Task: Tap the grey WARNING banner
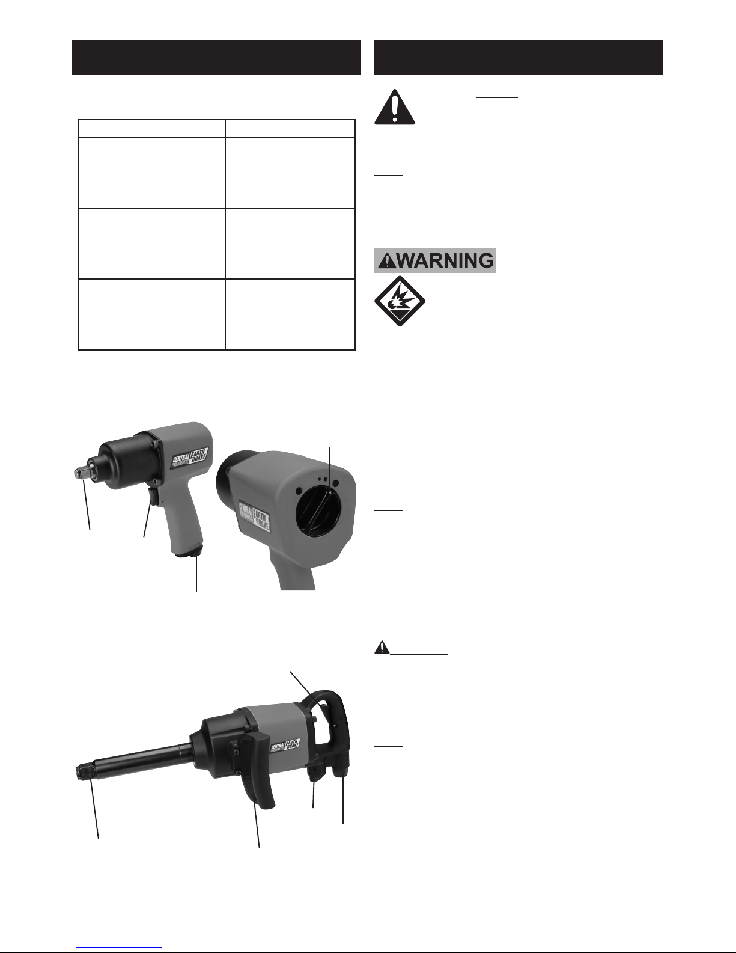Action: pos(435,260)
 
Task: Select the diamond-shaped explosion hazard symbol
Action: pos(400,301)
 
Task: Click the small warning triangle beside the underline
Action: pos(382,648)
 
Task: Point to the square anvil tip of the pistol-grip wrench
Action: pos(79,473)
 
